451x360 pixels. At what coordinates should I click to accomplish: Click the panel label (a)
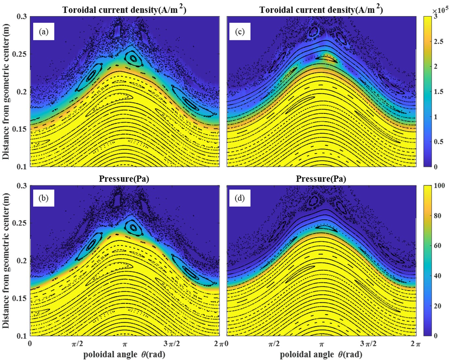[x=43, y=32]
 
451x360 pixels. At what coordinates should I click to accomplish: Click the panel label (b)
[x=43, y=198]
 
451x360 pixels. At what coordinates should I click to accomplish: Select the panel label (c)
[x=240, y=32]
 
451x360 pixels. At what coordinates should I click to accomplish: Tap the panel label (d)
[x=240, y=198]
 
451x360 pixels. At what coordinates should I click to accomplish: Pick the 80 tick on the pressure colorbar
[x=437, y=216]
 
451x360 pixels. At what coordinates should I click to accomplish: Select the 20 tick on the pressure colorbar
[x=437, y=306]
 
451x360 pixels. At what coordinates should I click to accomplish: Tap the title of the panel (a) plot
[x=124, y=10]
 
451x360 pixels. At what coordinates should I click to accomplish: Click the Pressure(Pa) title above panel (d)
[x=321, y=179]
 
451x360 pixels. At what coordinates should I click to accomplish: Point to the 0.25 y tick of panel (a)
[x=20, y=54]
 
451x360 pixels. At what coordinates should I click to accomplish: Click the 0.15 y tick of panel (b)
[x=20, y=299]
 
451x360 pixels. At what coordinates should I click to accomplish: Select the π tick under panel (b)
[x=124, y=344]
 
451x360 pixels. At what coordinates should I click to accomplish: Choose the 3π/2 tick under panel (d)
[x=368, y=344]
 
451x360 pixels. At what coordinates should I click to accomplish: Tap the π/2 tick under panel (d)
[x=274, y=344]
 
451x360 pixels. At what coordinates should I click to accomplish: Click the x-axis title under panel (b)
[x=124, y=354]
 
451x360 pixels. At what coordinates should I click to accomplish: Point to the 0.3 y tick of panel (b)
[x=22, y=186]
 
